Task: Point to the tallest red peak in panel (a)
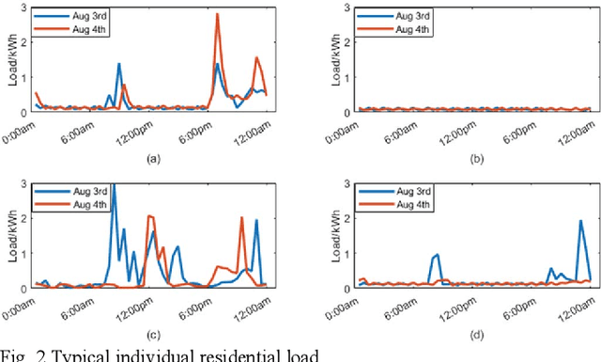pyautogui.click(x=217, y=15)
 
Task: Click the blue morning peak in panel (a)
pyautogui.click(x=119, y=64)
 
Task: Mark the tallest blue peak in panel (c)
pyautogui.click(x=114, y=185)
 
